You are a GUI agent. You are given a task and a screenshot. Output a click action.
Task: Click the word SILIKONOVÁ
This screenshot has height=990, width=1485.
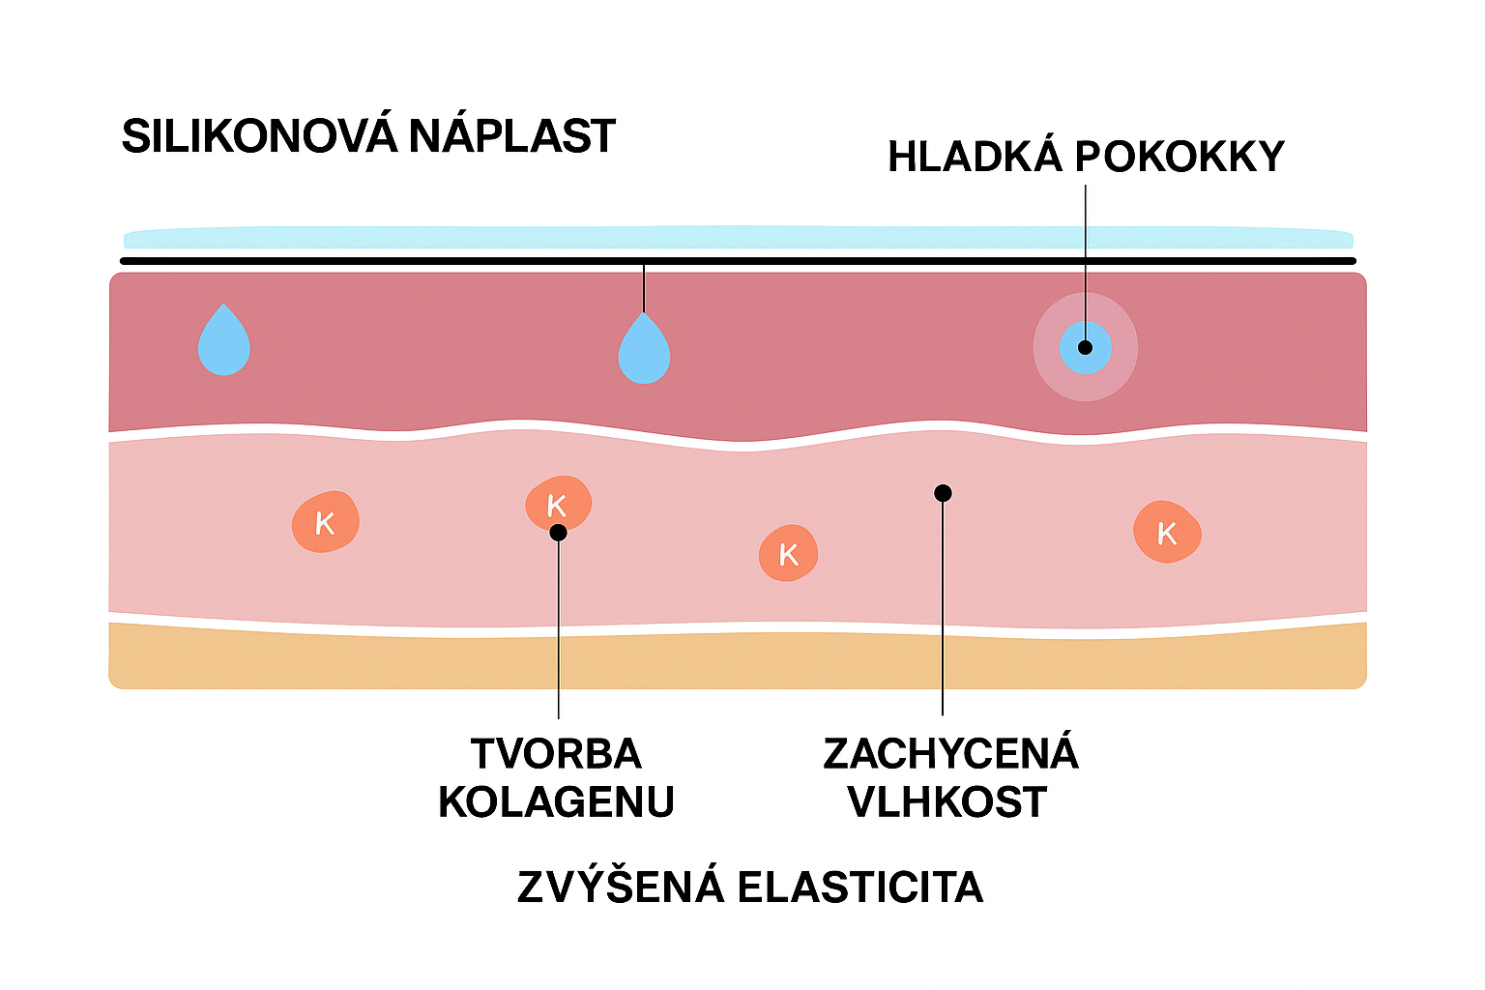pos(259,136)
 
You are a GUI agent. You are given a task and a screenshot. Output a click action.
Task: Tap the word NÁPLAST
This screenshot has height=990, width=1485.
pos(511,136)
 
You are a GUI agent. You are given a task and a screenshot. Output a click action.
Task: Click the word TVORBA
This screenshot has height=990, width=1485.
pos(556,754)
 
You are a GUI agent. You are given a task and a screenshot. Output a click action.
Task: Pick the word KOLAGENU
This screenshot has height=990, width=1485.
pos(556,802)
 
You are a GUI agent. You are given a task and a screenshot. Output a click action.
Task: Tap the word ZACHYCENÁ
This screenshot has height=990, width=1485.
pos(950,754)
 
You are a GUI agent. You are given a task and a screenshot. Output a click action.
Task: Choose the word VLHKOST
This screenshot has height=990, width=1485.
pos(947,802)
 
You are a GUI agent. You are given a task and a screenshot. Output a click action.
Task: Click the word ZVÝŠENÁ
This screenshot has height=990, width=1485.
pos(621,888)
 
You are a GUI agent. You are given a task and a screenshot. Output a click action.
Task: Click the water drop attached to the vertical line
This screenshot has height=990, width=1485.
pos(644,349)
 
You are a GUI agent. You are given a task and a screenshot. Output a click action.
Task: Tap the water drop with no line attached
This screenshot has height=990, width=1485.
pos(224,341)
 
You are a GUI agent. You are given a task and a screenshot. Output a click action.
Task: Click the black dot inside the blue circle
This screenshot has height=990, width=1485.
pos(1085,347)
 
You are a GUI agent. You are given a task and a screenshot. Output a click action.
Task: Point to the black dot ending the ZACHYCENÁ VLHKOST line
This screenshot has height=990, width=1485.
pos(944,493)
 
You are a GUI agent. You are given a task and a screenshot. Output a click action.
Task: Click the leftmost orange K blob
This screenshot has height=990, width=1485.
pos(326,522)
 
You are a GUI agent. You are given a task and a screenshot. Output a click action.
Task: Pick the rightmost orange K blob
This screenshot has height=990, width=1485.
pos(1167,532)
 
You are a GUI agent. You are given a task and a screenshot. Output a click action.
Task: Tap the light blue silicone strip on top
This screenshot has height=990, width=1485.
pos(739,238)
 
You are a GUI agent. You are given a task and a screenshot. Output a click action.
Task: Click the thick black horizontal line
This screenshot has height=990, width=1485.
pos(739,261)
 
